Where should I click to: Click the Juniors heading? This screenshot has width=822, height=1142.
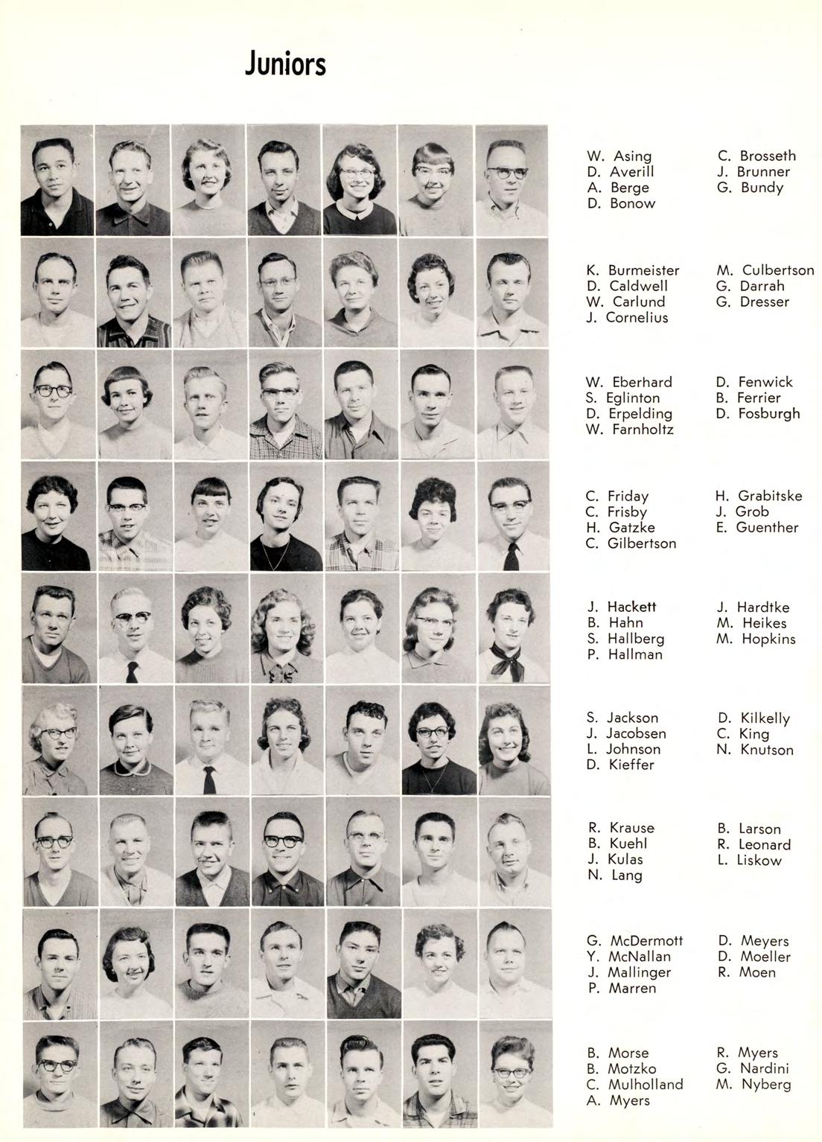pyautogui.click(x=285, y=65)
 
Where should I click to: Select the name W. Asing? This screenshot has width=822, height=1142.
pyautogui.click(x=619, y=156)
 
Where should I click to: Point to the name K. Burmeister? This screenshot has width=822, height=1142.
pyautogui.click(x=632, y=270)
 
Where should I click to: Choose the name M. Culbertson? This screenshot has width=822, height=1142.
pyautogui.click(x=765, y=270)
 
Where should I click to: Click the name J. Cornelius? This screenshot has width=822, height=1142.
pyautogui.click(x=627, y=318)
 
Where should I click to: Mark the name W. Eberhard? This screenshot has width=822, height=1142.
pyautogui.click(x=628, y=382)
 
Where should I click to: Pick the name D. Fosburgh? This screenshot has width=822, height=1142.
pyautogui.click(x=757, y=413)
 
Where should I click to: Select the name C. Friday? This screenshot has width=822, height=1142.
pyautogui.click(x=617, y=496)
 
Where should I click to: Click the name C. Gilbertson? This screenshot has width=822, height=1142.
pyautogui.click(x=631, y=543)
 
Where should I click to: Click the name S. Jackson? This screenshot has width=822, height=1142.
pyautogui.click(x=622, y=718)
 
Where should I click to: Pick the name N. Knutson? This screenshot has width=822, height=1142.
pyautogui.click(x=755, y=750)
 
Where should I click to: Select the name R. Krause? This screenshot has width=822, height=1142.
pyautogui.click(x=621, y=828)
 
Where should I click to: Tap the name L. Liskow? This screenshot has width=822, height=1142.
pyautogui.click(x=749, y=861)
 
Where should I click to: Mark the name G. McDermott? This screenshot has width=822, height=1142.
pyautogui.click(x=634, y=940)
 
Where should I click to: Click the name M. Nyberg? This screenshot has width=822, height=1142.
pyautogui.click(x=753, y=1085)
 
